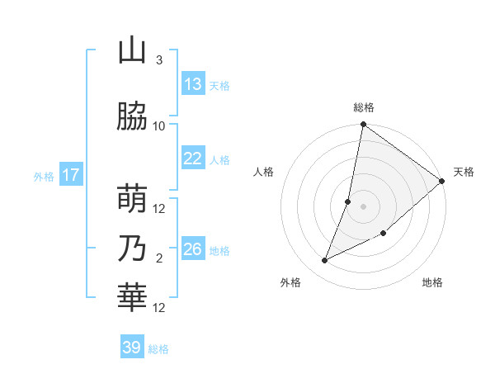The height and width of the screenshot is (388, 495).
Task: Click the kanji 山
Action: (x=132, y=51)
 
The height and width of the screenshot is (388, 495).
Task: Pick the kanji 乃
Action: (x=132, y=248)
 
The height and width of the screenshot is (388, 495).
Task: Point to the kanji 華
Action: (x=132, y=298)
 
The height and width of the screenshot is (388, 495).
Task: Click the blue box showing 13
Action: (x=193, y=84)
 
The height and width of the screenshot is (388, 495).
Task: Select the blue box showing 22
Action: (x=193, y=159)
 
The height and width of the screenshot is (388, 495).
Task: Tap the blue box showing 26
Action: (x=193, y=249)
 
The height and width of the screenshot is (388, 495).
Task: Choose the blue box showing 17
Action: (x=71, y=175)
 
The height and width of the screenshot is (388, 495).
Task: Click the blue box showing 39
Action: (x=132, y=348)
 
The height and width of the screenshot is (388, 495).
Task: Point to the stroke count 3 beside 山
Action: (x=159, y=60)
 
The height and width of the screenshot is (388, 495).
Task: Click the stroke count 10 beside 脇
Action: (x=159, y=126)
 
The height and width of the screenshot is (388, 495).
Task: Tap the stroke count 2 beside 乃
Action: (x=159, y=258)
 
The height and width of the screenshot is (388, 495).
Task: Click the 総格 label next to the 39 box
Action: (x=159, y=349)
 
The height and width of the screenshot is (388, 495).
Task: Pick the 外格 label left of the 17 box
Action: (x=44, y=176)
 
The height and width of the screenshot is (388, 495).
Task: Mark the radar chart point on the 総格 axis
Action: (x=363, y=125)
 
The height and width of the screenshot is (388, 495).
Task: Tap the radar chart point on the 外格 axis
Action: (x=324, y=261)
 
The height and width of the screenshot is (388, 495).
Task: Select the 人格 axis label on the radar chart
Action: (x=264, y=172)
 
